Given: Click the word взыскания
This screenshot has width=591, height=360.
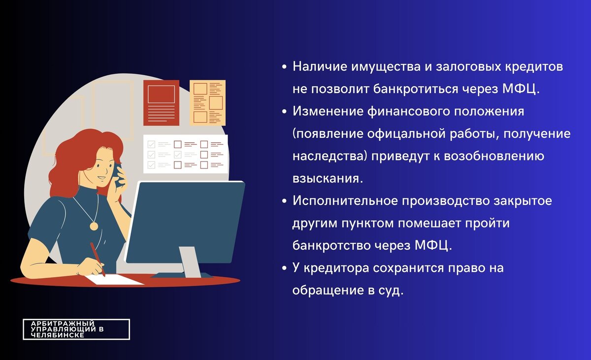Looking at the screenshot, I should click(x=328, y=178).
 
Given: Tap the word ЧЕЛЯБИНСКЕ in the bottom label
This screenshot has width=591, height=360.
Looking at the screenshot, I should click(x=57, y=335).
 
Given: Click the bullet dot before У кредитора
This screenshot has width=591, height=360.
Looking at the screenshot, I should click(x=285, y=269).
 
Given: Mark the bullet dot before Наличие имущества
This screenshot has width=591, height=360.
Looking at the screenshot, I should click(x=285, y=67).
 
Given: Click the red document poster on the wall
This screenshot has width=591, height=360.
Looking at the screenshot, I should click(x=161, y=102).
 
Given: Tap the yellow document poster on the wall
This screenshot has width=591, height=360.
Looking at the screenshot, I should click(x=207, y=102).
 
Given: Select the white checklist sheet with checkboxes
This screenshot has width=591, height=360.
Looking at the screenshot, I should click(x=183, y=153).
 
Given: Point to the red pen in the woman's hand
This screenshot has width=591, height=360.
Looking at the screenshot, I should click(x=97, y=259).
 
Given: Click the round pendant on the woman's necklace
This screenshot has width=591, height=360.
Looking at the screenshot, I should click(x=93, y=226).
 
